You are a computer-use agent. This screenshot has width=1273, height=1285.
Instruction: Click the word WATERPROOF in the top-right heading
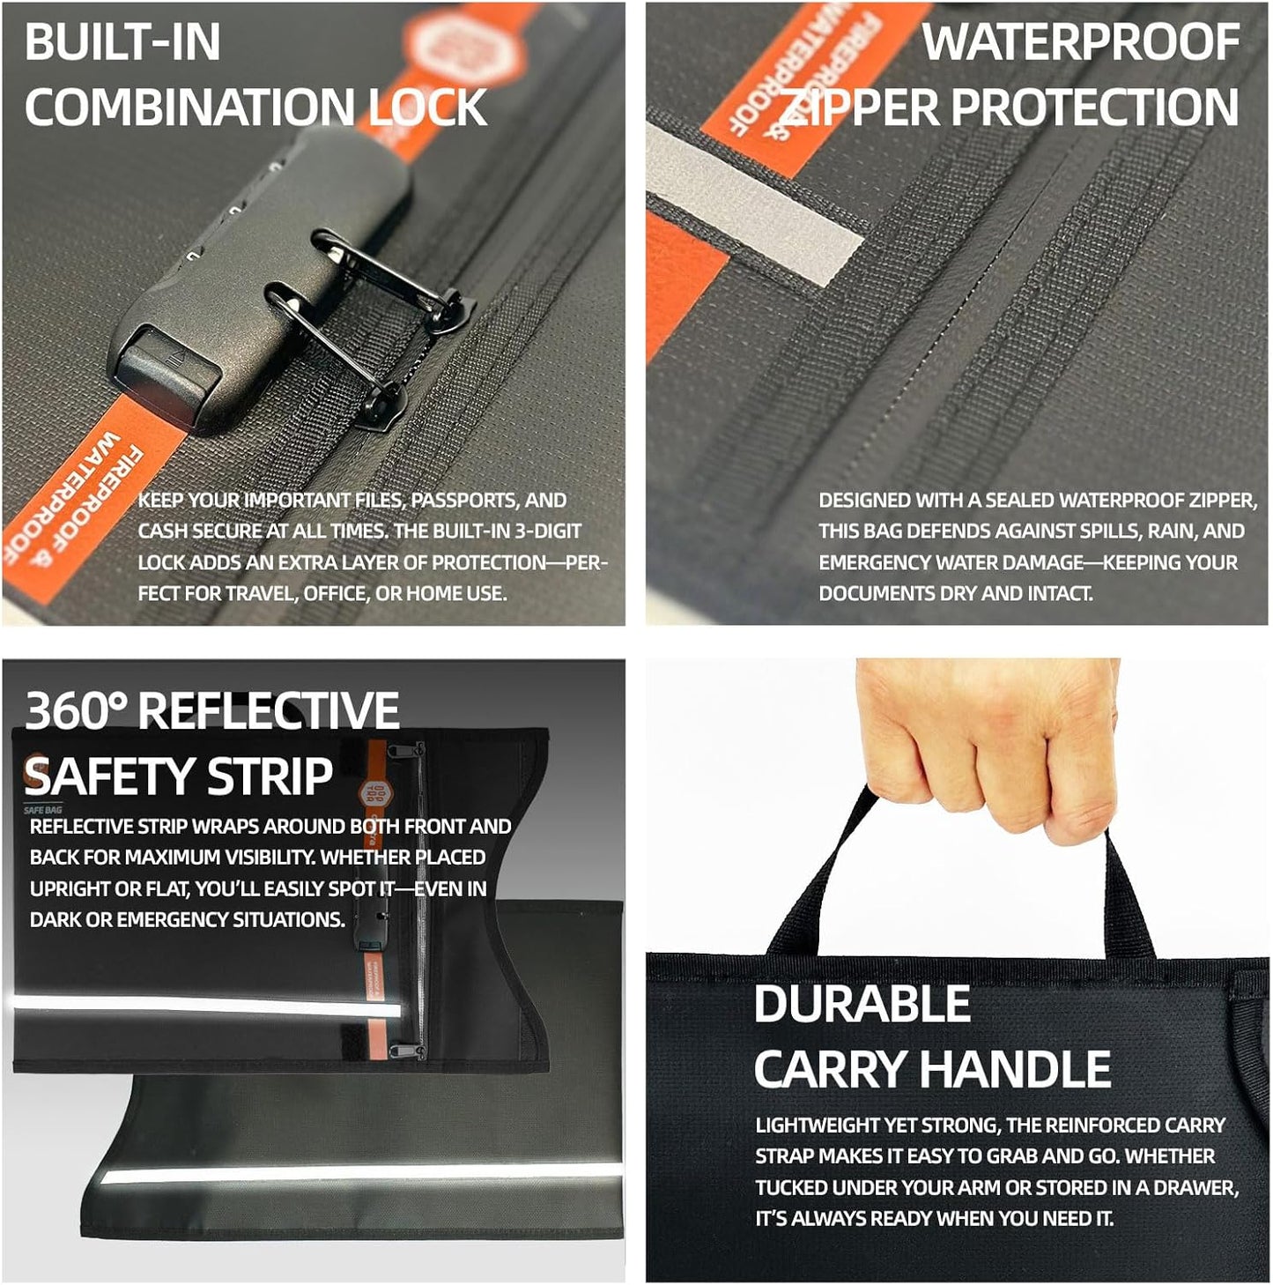point(1080,42)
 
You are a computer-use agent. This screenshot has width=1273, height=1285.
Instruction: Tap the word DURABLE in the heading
point(862,1004)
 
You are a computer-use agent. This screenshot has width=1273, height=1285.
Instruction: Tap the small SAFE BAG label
point(42,810)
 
